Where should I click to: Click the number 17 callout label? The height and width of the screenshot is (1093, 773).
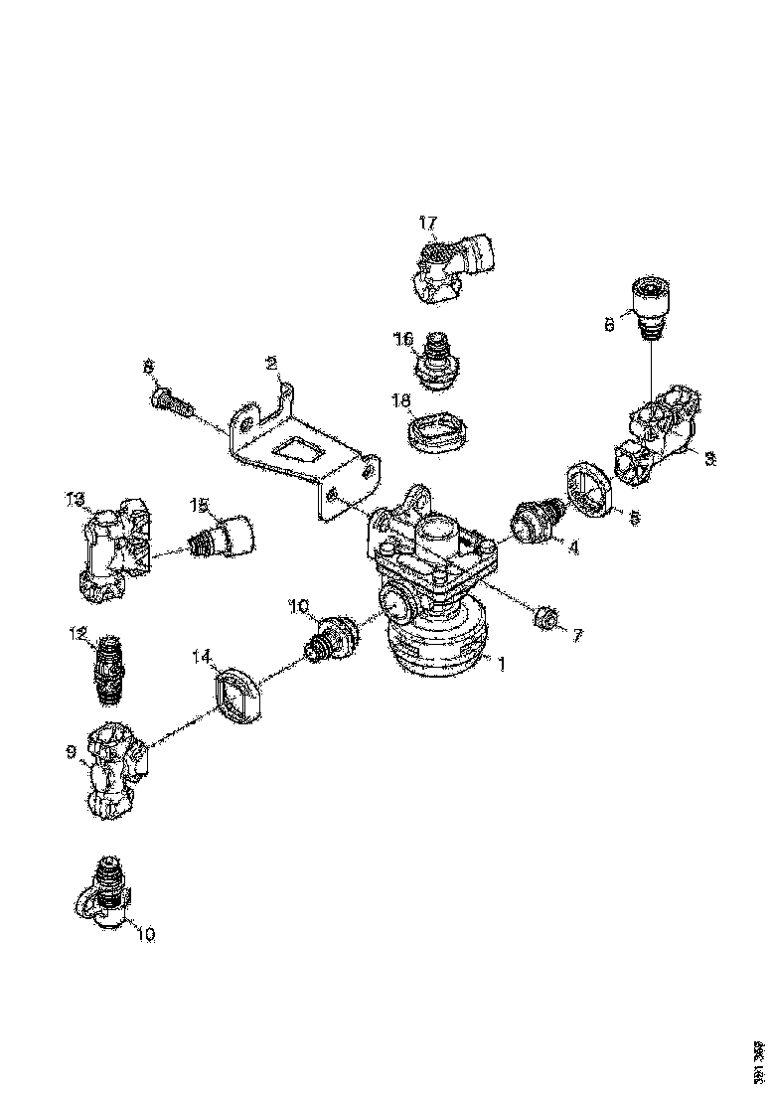click(x=427, y=223)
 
